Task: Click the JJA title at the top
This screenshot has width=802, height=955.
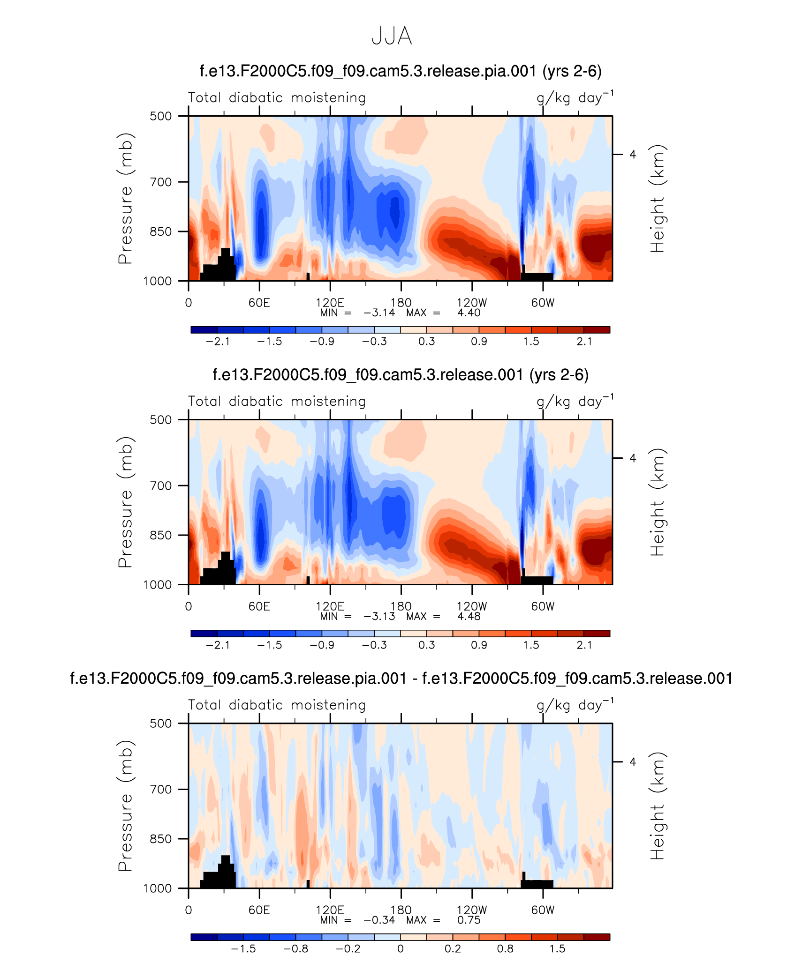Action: click(391, 36)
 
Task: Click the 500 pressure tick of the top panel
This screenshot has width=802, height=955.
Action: click(161, 116)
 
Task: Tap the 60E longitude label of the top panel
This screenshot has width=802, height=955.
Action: click(259, 303)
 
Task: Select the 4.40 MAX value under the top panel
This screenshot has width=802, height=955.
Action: click(469, 313)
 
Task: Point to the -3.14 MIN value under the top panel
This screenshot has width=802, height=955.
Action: click(379, 313)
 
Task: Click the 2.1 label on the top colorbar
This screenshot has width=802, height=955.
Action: click(584, 342)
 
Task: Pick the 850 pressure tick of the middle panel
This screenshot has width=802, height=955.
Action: click(161, 535)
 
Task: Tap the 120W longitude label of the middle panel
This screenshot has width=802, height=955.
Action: click(471, 606)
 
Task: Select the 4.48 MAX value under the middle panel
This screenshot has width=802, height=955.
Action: click(469, 616)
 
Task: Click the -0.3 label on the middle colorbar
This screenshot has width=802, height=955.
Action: click(374, 645)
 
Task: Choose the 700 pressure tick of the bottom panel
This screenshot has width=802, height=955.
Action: click(161, 789)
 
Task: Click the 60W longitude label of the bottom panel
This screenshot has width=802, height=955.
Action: click(543, 910)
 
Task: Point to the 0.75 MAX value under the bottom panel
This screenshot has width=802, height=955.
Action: click(469, 920)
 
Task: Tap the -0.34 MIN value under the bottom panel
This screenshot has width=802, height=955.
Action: click(379, 920)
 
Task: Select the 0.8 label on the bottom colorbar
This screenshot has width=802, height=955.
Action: click(505, 949)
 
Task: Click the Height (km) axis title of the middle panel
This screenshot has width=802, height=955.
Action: click(658, 502)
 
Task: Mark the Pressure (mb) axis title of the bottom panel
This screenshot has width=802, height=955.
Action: click(126, 806)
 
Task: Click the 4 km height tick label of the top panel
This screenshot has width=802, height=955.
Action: click(633, 155)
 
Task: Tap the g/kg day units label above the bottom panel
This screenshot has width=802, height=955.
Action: click(574, 705)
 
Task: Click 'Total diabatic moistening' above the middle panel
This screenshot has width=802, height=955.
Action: click(277, 402)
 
